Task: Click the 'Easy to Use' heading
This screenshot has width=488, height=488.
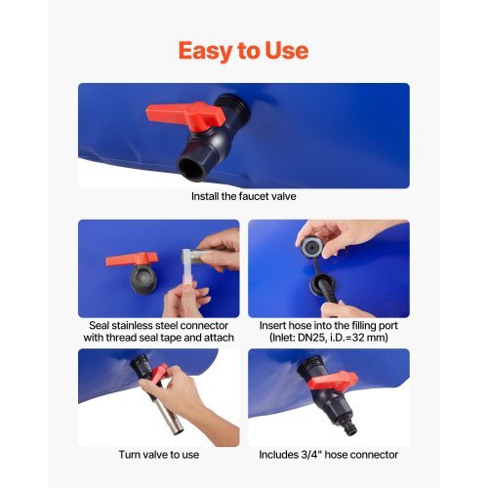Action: (x=243, y=51)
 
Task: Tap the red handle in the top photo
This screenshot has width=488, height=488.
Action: (x=185, y=114)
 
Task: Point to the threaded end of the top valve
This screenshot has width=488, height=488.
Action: (x=233, y=107)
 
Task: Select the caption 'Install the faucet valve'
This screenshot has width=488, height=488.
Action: (x=244, y=196)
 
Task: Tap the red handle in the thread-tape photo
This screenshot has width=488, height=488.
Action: (x=132, y=260)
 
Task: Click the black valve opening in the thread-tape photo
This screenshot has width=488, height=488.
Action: (x=144, y=279)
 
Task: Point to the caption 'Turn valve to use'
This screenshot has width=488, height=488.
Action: (x=159, y=455)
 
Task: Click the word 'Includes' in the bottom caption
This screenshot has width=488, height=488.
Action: (x=278, y=455)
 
